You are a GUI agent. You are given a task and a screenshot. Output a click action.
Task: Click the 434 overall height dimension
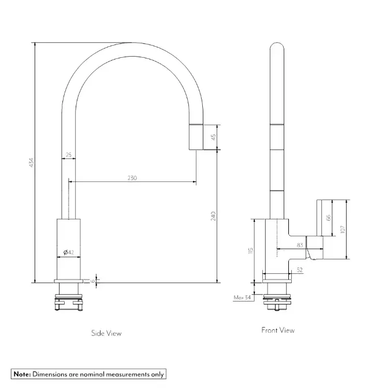[31, 162]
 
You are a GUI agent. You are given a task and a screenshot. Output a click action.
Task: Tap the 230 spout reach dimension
[132, 178]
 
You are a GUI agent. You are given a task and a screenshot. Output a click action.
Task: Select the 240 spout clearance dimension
[213, 216]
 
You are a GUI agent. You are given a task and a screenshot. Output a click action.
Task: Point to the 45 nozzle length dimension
[214, 137]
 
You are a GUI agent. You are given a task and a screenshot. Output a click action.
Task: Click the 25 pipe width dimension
[68, 155]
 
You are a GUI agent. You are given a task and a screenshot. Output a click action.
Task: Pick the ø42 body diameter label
[69, 252]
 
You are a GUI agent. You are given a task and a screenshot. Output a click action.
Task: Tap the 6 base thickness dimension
[93, 281]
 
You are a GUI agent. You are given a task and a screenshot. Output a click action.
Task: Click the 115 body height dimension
[250, 251]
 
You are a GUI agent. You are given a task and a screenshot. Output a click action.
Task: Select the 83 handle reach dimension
[300, 245]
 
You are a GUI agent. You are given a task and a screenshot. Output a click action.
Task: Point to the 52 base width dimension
[300, 270]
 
